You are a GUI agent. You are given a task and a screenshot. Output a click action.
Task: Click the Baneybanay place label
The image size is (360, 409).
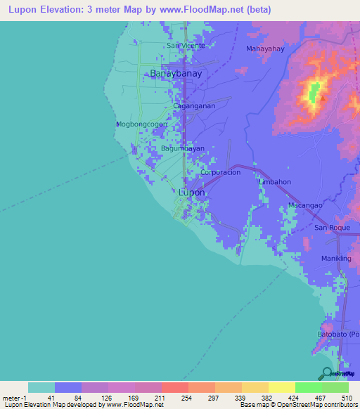176,73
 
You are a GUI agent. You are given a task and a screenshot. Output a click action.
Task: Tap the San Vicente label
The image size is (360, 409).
186,46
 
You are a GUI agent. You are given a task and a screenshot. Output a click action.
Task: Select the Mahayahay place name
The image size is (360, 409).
265,48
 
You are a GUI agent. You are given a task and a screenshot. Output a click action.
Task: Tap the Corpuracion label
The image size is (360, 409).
221,172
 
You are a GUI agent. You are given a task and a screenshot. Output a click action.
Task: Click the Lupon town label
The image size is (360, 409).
191,192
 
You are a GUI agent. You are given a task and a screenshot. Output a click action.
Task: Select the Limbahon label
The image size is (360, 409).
275,181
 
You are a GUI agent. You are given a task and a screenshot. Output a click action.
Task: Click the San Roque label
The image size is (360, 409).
331,228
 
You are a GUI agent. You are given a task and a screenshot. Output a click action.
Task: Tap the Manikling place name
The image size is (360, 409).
336,259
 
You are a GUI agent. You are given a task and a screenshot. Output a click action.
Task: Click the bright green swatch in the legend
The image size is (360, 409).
308,387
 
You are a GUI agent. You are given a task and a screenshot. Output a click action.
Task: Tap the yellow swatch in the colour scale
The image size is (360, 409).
281,387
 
